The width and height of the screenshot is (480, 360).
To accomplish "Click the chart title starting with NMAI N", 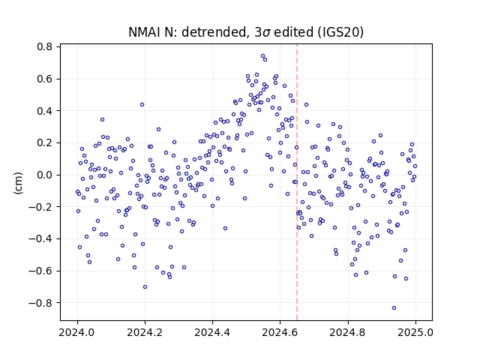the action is click(246, 32).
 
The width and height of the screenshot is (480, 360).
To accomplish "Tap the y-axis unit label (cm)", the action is click(18, 183).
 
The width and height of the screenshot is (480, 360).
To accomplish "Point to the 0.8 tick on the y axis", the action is click(45, 46).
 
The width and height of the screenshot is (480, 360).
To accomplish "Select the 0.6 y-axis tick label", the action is click(45, 79).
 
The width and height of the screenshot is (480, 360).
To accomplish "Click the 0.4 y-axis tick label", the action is click(45, 111).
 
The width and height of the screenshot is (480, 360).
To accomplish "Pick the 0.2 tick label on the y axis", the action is click(45, 143).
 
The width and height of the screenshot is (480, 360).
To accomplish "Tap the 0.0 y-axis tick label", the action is click(45, 175).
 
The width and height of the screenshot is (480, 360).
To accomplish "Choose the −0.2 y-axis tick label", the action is click(40, 207).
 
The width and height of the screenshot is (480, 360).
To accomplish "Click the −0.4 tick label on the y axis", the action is click(40, 238).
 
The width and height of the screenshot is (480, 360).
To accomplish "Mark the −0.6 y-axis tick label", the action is click(40, 271).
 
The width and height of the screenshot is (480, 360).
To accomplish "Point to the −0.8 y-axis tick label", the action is click(40, 303).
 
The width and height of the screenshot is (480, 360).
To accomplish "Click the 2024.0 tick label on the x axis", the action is click(77, 332).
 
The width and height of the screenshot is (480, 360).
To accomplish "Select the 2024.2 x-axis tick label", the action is click(145, 332).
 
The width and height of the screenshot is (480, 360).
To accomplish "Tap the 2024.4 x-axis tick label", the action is click(212, 332).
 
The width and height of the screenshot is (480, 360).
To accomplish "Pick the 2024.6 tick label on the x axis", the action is click(280, 332).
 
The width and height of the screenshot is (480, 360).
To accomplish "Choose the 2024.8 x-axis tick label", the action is click(347, 332).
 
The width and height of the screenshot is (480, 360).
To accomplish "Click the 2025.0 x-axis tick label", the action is click(415, 332).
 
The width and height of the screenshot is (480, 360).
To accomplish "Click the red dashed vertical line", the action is click(297, 182).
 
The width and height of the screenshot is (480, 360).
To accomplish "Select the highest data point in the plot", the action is click(262, 56).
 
